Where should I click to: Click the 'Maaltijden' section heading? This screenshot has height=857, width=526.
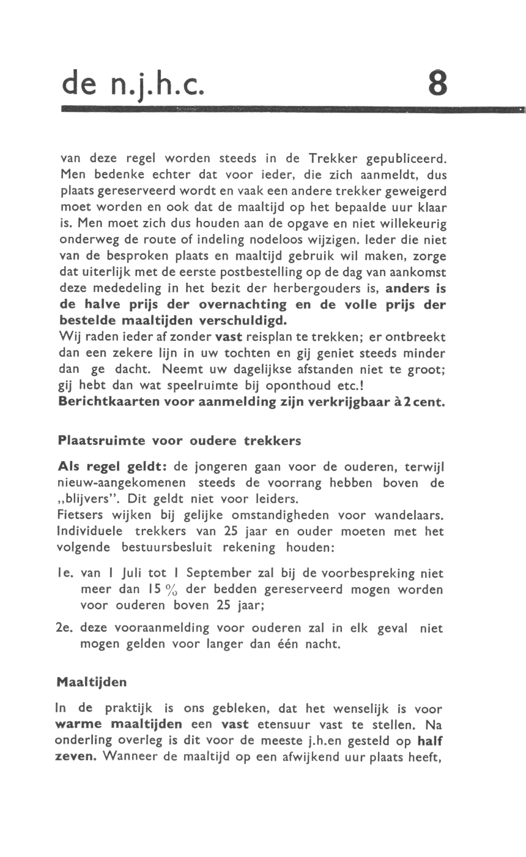[92, 681]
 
